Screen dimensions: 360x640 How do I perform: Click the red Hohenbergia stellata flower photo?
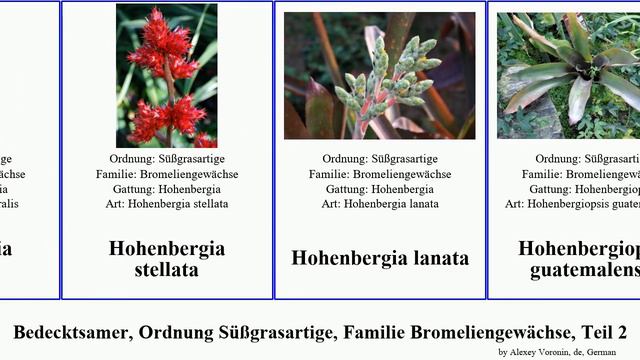166,76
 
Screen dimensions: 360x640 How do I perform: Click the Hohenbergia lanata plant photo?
379,76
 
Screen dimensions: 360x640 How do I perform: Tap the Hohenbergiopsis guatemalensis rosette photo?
569,76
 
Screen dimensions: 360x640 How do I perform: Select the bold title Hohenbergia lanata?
380,258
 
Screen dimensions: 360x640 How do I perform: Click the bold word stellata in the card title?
166,270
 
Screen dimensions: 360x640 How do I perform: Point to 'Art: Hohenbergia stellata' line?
167,204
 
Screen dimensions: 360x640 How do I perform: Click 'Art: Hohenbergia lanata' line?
380,204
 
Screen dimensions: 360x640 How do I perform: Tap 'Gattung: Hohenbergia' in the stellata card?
167,189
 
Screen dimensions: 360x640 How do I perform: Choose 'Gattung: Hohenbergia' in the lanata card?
380,189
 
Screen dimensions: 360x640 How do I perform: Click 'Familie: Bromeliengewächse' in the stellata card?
167,174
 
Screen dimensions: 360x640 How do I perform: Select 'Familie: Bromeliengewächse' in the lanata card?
380,174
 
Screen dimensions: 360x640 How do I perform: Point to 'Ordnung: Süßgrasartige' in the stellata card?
167,159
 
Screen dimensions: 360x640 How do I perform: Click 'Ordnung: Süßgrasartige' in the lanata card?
380,159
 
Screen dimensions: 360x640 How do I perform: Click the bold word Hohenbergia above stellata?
166,248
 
